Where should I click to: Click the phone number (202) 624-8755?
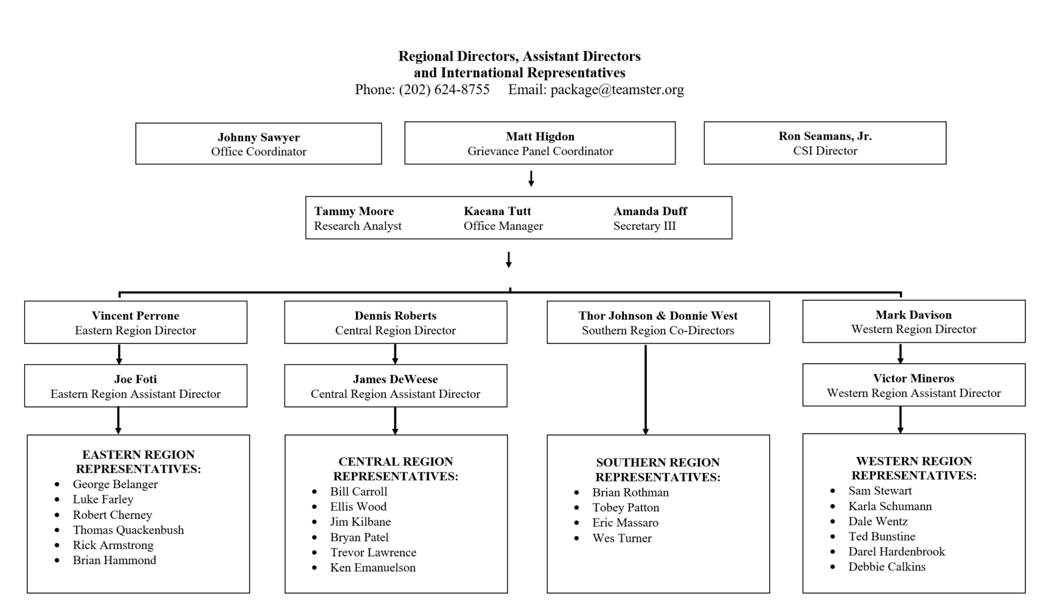pyautogui.click(x=444, y=90)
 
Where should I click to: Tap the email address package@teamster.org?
pyautogui.click(x=617, y=90)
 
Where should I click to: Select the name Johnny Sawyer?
pyautogui.click(x=258, y=137)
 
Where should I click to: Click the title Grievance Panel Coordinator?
pyautogui.click(x=540, y=151)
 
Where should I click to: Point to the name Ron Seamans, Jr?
pyautogui.click(x=825, y=136)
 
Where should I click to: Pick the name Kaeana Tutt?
pyautogui.click(x=497, y=211)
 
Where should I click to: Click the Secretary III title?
pyautogui.click(x=644, y=226)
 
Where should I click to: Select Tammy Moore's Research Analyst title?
pyautogui.click(x=357, y=226)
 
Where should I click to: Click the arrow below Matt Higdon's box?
pyautogui.click(x=531, y=178)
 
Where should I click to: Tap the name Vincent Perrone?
pyautogui.click(x=135, y=316)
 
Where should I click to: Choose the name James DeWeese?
pyautogui.click(x=395, y=379)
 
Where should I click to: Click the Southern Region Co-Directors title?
pyautogui.click(x=658, y=331)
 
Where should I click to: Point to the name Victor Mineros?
pyautogui.click(x=914, y=378)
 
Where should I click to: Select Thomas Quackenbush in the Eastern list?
pyautogui.click(x=128, y=530)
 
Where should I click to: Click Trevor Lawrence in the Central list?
pyautogui.click(x=373, y=553)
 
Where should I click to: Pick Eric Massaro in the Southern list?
pyautogui.click(x=625, y=523)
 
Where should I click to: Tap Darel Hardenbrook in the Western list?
pyautogui.click(x=896, y=551)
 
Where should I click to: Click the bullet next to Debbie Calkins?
pyautogui.click(x=833, y=567)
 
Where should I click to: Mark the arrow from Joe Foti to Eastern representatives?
pyautogui.click(x=118, y=420)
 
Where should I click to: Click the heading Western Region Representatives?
pyautogui.click(x=914, y=468)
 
